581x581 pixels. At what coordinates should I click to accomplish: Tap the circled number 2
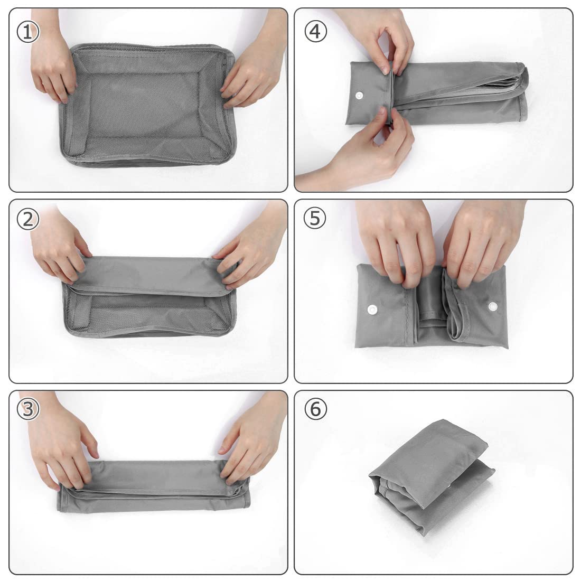click(x=28, y=219)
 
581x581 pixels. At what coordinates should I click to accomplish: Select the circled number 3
click(x=28, y=409)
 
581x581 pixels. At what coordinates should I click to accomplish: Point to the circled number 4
click(x=315, y=31)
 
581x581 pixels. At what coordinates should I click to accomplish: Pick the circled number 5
click(x=315, y=218)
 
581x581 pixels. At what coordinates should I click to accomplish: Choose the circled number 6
click(x=315, y=409)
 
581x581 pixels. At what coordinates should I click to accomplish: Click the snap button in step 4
click(x=359, y=96)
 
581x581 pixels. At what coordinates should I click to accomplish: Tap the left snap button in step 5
click(x=372, y=310)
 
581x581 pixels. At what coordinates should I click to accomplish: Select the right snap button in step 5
click(x=493, y=306)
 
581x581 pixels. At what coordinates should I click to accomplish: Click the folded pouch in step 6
click(x=432, y=478)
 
